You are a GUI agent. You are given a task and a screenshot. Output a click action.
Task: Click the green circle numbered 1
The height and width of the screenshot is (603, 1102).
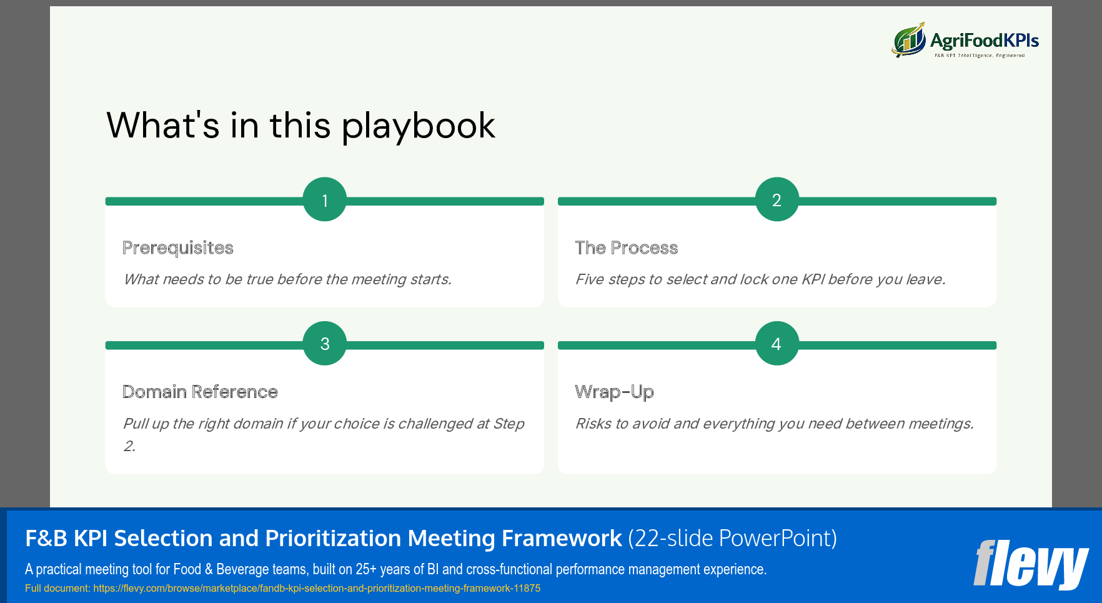[324, 200]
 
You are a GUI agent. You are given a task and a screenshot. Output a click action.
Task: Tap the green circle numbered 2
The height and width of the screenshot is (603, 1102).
[777, 200]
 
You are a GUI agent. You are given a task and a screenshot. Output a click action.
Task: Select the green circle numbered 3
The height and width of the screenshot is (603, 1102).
[324, 344]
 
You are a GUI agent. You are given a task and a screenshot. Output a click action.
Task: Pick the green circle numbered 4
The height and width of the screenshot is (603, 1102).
[777, 344]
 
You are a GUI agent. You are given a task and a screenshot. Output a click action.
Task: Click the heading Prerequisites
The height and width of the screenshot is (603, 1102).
[178, 248]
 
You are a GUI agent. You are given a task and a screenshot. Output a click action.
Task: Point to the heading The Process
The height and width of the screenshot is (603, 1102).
[626, 248]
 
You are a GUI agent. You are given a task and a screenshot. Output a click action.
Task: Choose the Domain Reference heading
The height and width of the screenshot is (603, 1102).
[200, 392]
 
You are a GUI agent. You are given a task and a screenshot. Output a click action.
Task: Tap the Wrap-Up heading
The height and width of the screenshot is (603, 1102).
[614, 392]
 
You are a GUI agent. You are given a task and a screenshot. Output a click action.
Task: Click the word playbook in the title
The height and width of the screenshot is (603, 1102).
[418, 126]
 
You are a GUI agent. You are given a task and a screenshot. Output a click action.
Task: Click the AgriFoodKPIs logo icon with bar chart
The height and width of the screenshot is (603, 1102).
[908, 41]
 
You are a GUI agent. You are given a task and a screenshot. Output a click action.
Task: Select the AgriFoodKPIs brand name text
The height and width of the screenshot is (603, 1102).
[984, 41]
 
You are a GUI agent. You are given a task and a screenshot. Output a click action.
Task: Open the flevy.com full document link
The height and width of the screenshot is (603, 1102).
[316, 589]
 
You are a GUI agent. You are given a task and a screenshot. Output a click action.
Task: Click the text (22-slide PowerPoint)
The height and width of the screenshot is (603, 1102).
[732, 538]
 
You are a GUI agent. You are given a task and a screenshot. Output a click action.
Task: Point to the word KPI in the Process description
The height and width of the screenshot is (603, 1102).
[813, 279]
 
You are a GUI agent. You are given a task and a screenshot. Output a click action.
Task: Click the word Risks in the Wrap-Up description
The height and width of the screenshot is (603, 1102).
[593, 424]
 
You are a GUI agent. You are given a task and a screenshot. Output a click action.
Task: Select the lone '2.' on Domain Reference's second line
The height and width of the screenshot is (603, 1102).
[129, 446]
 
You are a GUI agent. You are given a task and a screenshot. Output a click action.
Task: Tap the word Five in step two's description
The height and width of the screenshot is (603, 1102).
[589, 279]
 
